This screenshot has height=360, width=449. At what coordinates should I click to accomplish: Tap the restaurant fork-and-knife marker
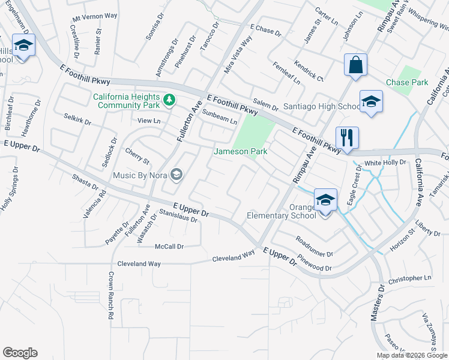point(347,137)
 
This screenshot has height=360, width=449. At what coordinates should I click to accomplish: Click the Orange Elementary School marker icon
point(325,200)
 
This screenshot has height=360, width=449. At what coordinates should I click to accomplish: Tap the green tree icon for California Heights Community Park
point(170,98)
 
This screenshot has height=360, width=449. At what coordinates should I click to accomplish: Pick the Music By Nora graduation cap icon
point(176,175)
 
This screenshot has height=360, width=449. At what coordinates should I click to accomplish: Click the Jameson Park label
point(241,152)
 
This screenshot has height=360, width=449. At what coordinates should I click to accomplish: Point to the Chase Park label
point(407,82)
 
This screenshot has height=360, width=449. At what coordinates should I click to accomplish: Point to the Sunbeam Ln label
point(219,116)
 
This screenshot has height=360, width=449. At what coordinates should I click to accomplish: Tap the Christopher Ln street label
point(410,279)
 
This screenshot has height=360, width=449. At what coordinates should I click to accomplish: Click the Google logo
point(20,353)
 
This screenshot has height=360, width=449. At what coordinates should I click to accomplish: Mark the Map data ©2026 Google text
point(411,355)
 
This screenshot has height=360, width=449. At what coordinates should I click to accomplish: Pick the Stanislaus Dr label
point(178,215)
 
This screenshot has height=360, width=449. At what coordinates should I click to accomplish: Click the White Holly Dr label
point(385,163)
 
